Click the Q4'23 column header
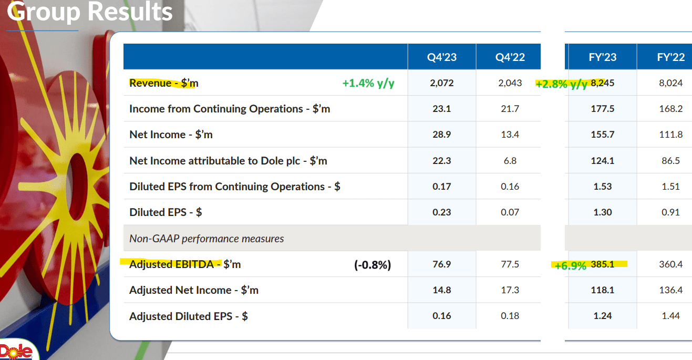pyautogui.click(x=441, y=57)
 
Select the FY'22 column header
pyautogui.click(x=670, y=57)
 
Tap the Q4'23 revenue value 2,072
pyautogui.click(x=441, y=83)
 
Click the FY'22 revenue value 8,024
pyautogui.click(x=670, y=83)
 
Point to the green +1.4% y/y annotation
pyautogui.click(x=368, y=83)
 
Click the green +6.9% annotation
pyautogui.click(x=570, y=265)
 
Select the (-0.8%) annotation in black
pyautogui.click(x=372, y=265)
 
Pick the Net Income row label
pyautogui.click(x=171, y=135)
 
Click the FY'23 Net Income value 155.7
pyautogui.click(x=602, y=135)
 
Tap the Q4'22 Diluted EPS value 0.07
pyautogui.click(x=510, y=212)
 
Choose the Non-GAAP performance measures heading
pyautogui.click(x=206, y=239)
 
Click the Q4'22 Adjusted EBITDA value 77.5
pyautogui.click(x=510, y=264)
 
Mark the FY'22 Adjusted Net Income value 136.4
pyautogui.click(x=670, y=290)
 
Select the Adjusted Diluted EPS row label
pyautogui.click(x=189, y=316)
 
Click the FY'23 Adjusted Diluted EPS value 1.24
pyautogui.click(x=602, y=316)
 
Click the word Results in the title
pyautogui.click(x=131, y=12)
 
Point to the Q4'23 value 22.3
pyautogui.click(x=441, y=161)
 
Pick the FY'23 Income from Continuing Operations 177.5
pyautogui.click(x=602, y=109)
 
